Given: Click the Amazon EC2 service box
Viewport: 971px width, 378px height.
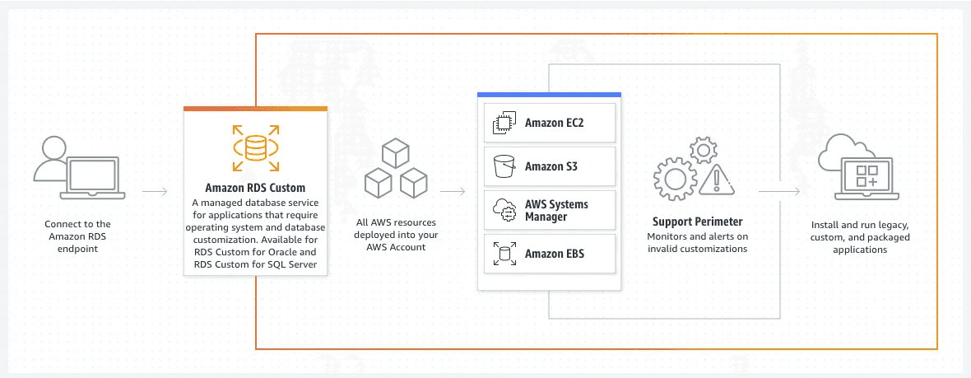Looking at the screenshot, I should click(x=548, y=124).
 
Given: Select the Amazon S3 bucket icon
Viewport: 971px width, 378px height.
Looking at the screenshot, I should click(x=503, y=166).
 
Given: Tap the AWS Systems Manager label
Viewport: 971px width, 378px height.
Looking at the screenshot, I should click(x=556, y=210).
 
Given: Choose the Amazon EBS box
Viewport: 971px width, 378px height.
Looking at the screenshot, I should click(x=548, y=254).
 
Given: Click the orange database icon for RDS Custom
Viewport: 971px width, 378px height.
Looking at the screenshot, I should click(x=255, y=147).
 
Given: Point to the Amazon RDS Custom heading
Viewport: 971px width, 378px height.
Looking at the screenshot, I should click(x=255, y=188).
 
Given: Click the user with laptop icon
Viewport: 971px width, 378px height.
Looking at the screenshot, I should click(x=79, y=169).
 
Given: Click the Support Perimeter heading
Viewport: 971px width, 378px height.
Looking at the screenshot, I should click(x=697, y=222).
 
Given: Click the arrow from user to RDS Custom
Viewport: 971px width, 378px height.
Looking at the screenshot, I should click(x=155, y=191).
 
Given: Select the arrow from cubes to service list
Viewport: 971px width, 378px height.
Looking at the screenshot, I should click(x=452, y=191).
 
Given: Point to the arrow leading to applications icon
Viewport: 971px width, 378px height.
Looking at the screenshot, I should click(x=778, y=191).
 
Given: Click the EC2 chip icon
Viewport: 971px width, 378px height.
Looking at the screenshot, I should click(x=503, y=124).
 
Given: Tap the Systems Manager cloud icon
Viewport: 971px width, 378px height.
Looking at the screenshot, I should click(x=503, y=210).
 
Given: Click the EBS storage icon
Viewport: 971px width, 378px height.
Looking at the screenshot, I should click(x=503, y=254).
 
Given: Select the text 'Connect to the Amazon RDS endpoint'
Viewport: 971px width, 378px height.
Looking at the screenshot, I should click(x=79, y=236).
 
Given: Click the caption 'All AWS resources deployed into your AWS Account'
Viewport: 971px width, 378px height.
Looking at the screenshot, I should click(x=397, y=235).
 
